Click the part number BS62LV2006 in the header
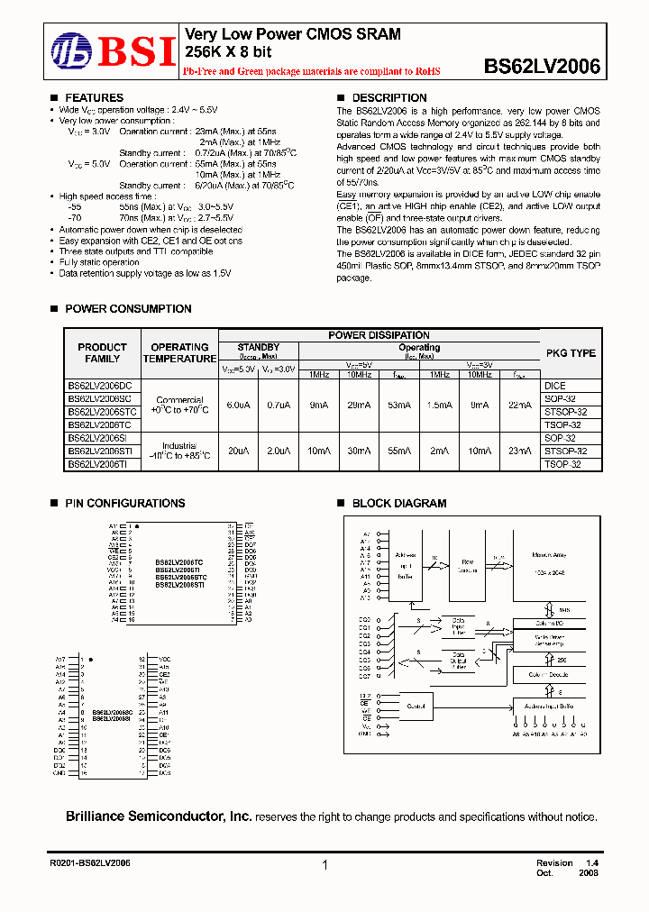[542, 66]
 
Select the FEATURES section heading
[94, 98]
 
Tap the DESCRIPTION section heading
[388, 98]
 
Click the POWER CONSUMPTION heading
[128, 309]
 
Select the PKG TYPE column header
[571, 353]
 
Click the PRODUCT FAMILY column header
[102, 353]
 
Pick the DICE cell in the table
[554, 385]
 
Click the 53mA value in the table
[394, 406]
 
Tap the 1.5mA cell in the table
[439, 406]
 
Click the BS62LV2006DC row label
[99, 385]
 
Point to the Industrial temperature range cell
[179, 451]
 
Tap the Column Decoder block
[549, 675]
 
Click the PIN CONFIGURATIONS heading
[124, 504]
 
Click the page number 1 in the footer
[324, 865]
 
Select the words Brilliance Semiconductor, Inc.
[159, 816]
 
